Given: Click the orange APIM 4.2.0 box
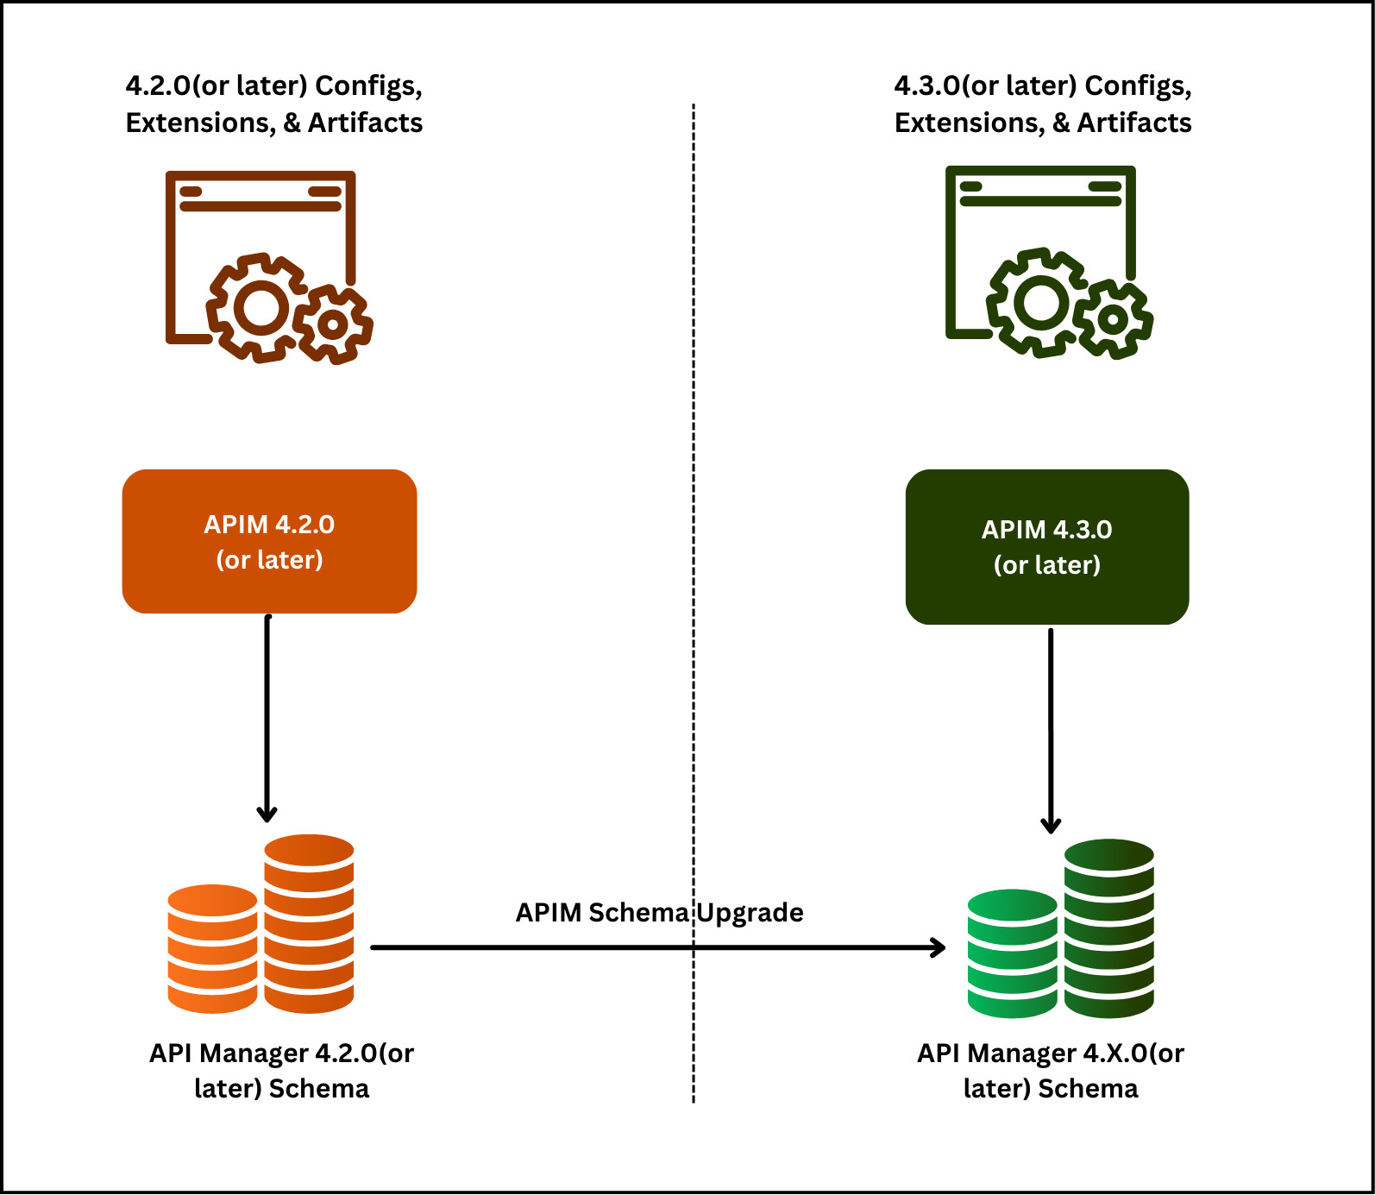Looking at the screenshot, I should pyautogui.click(x=269, y=542).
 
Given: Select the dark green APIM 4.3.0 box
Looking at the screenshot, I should pyautogui.click(x=1046, y=547).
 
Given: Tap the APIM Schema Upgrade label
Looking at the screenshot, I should pyautogui.click(x=659, y=913).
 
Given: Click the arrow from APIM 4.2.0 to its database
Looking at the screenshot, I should pyautogui.click(x=267, y=716).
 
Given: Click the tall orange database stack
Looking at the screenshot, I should pyautogui.click(x=309, y=923).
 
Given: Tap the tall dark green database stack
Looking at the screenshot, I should pyautogui.click(x=1108, y=928).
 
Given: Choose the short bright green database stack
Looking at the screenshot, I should pyautogui.click(x=1012, y=953).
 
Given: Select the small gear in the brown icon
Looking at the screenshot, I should pyautogui.click(x=333, y=325).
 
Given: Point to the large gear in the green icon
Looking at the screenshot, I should pyautogui.click(x=1039, y=302).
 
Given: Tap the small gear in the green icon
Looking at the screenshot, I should pyautogui.click(x=1114, y=320).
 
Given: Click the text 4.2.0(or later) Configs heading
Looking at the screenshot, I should pyautogui.click(x=273, y=86).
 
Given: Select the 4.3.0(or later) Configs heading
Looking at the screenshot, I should pyautogui.click(x=1042, y=86).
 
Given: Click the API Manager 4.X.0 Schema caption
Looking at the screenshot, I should pyautogui.click(x=1050, y=1070).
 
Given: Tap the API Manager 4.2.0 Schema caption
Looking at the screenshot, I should pyautogui.click(x=281, y=1070).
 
